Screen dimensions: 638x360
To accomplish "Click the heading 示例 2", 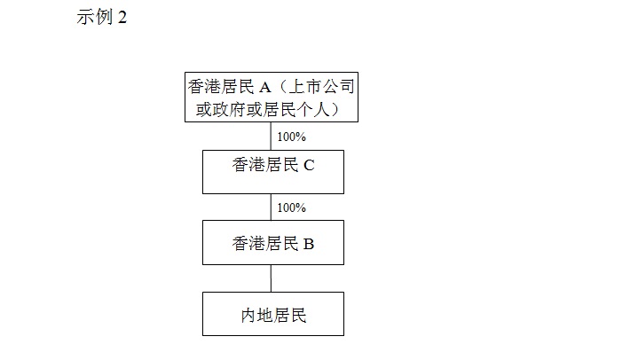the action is coord(102,17).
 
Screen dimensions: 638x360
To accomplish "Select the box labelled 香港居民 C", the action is coord(273,172).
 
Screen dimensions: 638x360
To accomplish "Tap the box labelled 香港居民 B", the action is coord(273,242).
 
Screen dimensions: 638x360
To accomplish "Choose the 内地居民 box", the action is coord(273,314).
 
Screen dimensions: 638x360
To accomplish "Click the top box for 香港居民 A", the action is coord(272,97).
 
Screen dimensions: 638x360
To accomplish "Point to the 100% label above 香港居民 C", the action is coord(291,137).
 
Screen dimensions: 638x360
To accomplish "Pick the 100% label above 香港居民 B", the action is coord(291,207).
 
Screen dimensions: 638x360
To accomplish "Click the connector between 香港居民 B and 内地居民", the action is coord(271,278).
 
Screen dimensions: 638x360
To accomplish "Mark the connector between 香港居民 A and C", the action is coord(271,136).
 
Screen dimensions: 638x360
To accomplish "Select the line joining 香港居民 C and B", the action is coord(271,207).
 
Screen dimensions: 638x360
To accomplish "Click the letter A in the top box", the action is coord(265,87).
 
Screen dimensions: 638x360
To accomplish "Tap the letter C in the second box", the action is coord(309,165).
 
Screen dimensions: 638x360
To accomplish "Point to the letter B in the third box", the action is coord(309,244).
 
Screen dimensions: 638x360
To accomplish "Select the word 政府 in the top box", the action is coord(229,109).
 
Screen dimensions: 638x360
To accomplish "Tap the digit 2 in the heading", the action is coord(122,18).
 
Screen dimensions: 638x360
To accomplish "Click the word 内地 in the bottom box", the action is coord(256,316).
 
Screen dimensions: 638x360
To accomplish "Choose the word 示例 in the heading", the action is coord(94,17).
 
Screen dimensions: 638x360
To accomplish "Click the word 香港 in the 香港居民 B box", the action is coord(248,244).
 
